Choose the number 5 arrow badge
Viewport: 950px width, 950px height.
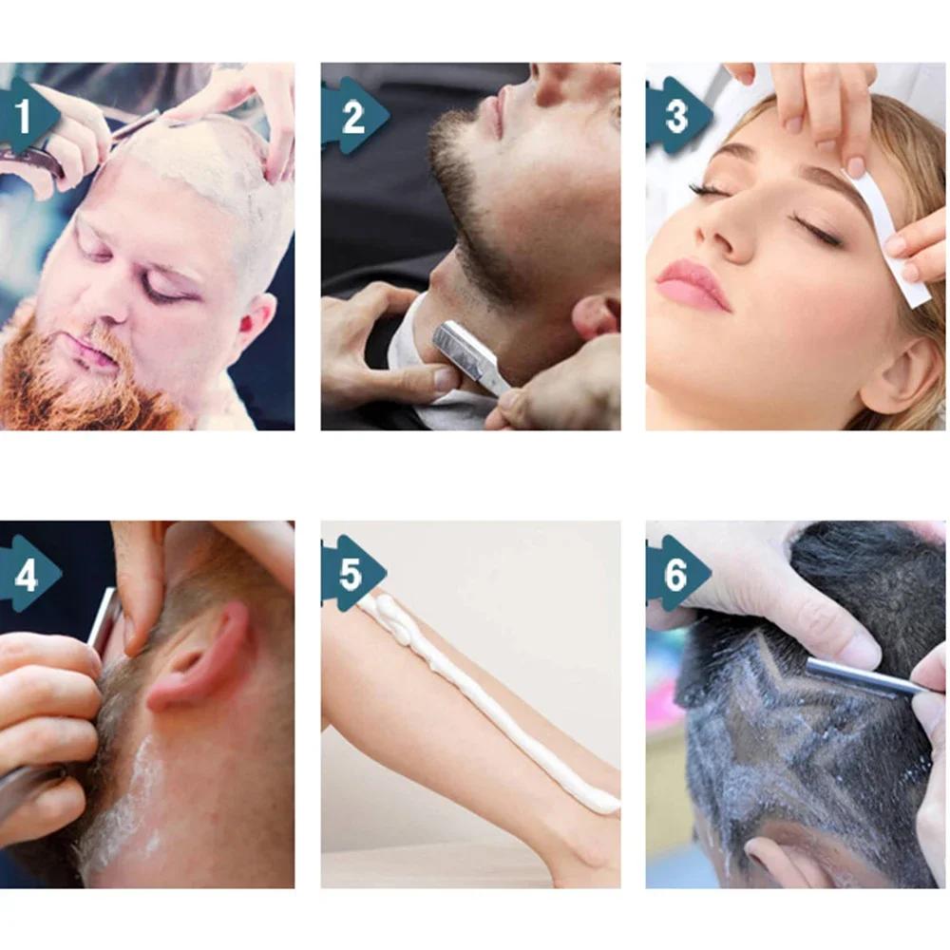pos(351,574)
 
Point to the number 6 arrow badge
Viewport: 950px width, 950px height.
pos(676,574)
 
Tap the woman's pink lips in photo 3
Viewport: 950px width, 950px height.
pos(692,284)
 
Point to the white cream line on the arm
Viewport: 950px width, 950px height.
pos(494,703)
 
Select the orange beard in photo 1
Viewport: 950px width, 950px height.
pos(85,380)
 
